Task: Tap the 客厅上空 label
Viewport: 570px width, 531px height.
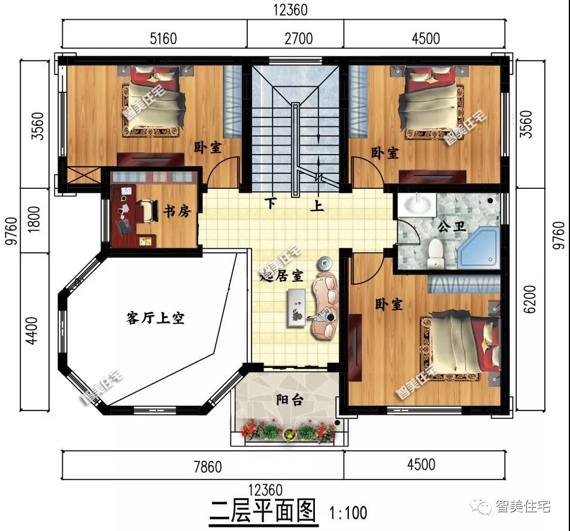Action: tap(155, 318)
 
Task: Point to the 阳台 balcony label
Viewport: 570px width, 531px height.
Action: tap(287, 400)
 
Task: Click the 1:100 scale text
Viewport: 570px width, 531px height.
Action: tap(348, 513)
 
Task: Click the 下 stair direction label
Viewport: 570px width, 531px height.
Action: tap(272, 204)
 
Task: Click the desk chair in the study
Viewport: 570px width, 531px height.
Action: tap(144, 211)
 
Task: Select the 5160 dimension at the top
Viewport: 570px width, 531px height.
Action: tap(162, 38)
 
